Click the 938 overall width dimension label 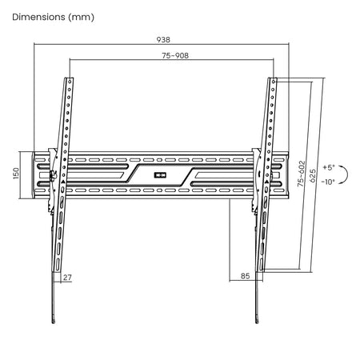point(163,40)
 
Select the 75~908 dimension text point(175,55)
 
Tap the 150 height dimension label point(16,174)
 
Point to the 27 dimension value point(67,278)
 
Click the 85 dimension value point(245,276)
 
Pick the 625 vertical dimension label point(312,176)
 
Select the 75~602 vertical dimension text point(301,174)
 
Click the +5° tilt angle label point(329,167)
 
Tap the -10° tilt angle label point(328,182)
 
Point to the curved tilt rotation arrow point(347,174)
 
